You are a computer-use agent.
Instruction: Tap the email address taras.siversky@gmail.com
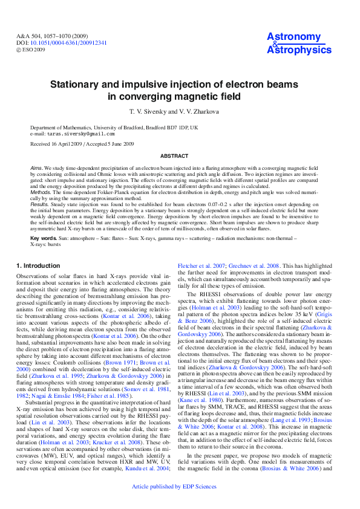point(82,134)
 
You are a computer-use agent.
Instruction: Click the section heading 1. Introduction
point(38,265)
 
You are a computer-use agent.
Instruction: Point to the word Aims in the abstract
point(36,166)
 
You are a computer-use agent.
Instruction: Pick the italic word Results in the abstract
point(39,205)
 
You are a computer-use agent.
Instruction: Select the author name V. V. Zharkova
point(203,112)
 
